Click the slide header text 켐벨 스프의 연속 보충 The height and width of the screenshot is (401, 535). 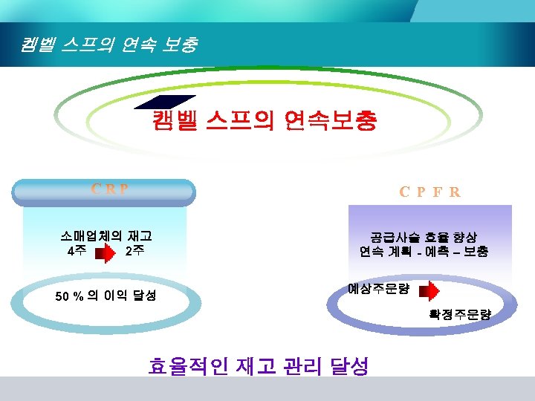click(109, 45)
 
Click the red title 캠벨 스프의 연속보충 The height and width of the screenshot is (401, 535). click(264, 120)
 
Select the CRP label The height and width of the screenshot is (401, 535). click(110, 189)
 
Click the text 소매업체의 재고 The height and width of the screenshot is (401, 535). click(106, 236)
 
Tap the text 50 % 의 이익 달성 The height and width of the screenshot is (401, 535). click(106, 296)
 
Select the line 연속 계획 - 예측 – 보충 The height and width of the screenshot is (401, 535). click(424, 252)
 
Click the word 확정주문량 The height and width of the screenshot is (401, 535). click(459, 315)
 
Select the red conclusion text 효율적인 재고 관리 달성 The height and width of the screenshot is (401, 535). click(259, 365)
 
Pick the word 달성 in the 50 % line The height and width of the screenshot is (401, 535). click(144, 296)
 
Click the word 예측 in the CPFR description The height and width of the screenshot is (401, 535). click(436, 252)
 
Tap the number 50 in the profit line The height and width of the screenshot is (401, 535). click(63, 296)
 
